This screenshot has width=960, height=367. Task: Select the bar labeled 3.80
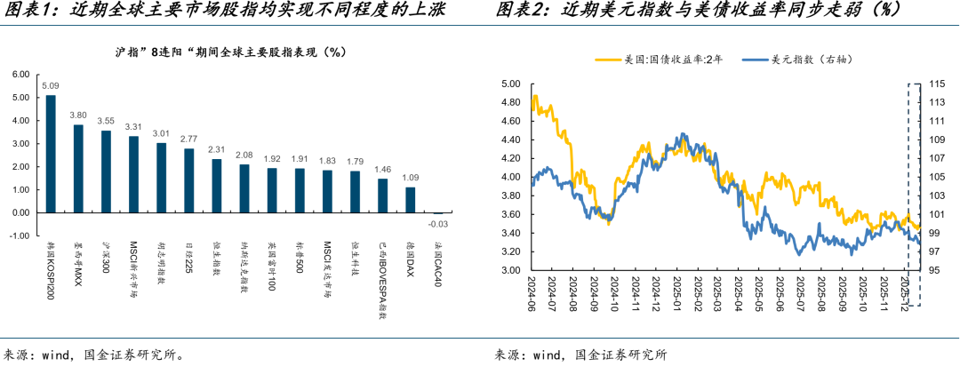[x=78, y=169]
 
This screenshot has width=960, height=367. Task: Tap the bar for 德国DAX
[x=410, y=200]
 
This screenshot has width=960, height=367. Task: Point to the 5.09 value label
[x=51, y=86]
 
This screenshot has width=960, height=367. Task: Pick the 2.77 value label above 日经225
[x=188, y=140]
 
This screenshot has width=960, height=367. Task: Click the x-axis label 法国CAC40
[x=438, y=258]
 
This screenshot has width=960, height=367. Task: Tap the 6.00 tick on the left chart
[x=20, y=74]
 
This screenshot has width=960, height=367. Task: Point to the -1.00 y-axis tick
[x=19, y=236]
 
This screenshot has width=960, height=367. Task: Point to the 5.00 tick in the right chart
[x=509, y=84]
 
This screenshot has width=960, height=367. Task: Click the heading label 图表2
[x=519, y=11]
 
